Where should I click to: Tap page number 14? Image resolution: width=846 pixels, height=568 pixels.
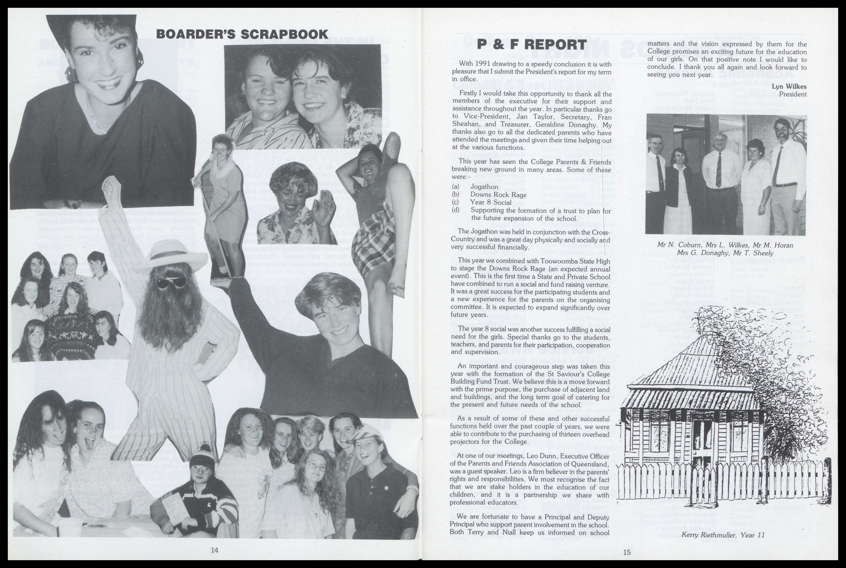215,550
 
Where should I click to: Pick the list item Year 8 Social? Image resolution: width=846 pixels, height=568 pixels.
491,203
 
